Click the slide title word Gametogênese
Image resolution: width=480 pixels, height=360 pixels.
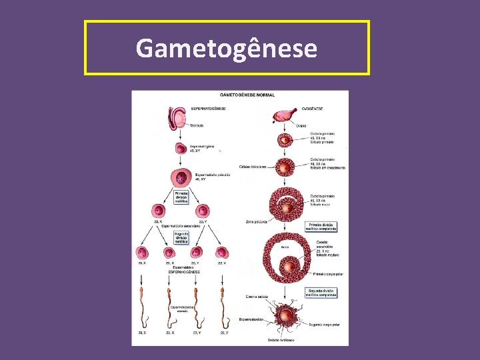226,48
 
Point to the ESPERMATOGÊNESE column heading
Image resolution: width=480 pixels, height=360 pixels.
208,108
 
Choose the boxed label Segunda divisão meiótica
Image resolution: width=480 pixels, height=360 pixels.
181,238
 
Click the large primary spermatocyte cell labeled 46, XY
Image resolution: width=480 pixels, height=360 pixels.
181,178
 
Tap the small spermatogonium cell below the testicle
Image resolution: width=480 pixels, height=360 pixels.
181,149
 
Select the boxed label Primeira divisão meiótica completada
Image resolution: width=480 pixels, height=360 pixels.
321,227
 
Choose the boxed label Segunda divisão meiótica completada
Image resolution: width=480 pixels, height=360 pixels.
321,293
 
